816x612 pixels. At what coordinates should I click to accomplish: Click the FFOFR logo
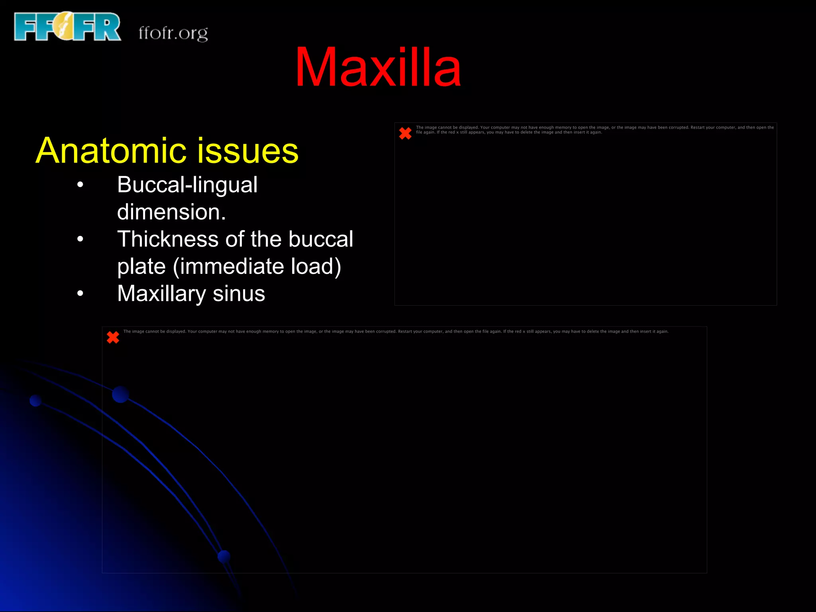click(67, 27)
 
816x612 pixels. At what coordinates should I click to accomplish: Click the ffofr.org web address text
click(173, 33)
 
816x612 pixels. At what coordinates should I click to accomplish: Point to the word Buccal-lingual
click(187, 185)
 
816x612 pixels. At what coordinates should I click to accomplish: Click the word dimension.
click(171, 212)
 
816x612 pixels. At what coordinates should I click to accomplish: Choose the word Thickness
click(168, 239)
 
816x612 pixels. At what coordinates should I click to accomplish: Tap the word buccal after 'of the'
click(321, 239)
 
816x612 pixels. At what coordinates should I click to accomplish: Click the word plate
click(141, 267)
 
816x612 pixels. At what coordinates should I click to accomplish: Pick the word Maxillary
click(161, 294)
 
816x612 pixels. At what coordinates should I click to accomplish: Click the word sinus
click(239, 294)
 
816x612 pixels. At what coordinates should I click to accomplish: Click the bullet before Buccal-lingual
click(80, 184)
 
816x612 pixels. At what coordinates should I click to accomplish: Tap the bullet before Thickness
click(80, 239)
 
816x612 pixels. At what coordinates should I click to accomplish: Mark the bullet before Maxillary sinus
click(80, 294)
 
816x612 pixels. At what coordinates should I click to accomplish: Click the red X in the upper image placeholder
click(405, 133)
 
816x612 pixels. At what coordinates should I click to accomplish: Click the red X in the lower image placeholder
click(113, 337)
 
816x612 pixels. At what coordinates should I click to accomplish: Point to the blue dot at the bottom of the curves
click(224, 556)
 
